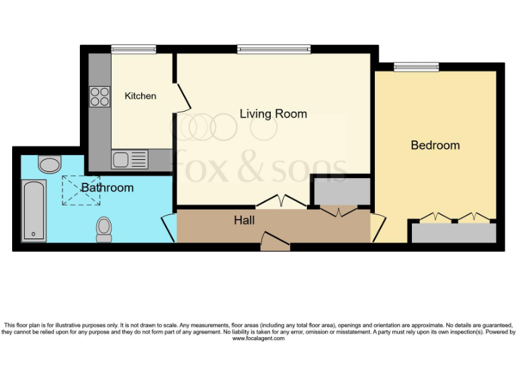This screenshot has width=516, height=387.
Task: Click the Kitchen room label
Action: pyautogui.click(x=140, y=96)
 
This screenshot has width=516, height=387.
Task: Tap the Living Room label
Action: pyautogui.click(x=273, y=114)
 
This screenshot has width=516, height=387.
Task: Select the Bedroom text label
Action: pyautogui.click(x=435, y=145)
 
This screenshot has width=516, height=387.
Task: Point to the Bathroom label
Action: pyautogui.click(x=107, y=187)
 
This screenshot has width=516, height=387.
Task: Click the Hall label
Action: pyautogui.click(x=244, y=220)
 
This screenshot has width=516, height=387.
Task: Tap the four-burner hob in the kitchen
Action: pyautogui.click(x=100, y=97)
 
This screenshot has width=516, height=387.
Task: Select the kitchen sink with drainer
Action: pyautogui.click(x=130, y=159)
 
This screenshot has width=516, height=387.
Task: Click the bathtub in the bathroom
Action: pyautogui.click(x=33, y=210)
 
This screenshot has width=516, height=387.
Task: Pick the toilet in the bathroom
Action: pyautogui.click(x=104, y=228)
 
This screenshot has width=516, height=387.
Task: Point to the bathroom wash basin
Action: pyautogui.click(x=49, y=164)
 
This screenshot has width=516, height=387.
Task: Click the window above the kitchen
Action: pyautogui.click(x=133, y=48)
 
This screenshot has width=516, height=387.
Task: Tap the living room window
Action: pyautogui.click(x=273, y=48)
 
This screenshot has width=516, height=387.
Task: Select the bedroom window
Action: pyautogui.click(x=416, y=66)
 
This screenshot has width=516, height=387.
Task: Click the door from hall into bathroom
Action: pyautogui.click(x=169, y=228)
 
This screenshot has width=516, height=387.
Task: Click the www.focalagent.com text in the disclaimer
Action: pyautogui.click(x=258, y=339)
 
